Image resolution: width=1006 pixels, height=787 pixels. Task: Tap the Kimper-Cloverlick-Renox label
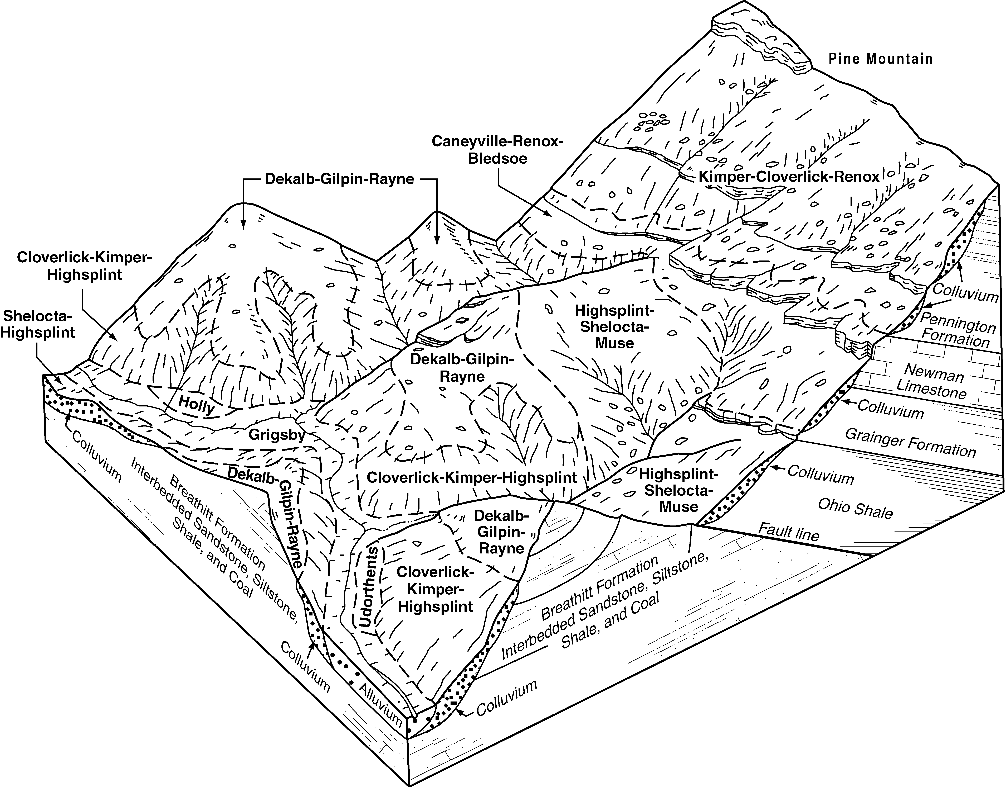coord(789,177)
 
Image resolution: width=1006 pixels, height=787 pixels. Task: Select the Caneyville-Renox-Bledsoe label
coord(497,150)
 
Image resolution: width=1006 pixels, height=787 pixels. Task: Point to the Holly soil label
coord(197,405)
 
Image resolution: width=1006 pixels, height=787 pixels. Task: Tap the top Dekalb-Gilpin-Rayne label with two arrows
coord(339,179)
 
